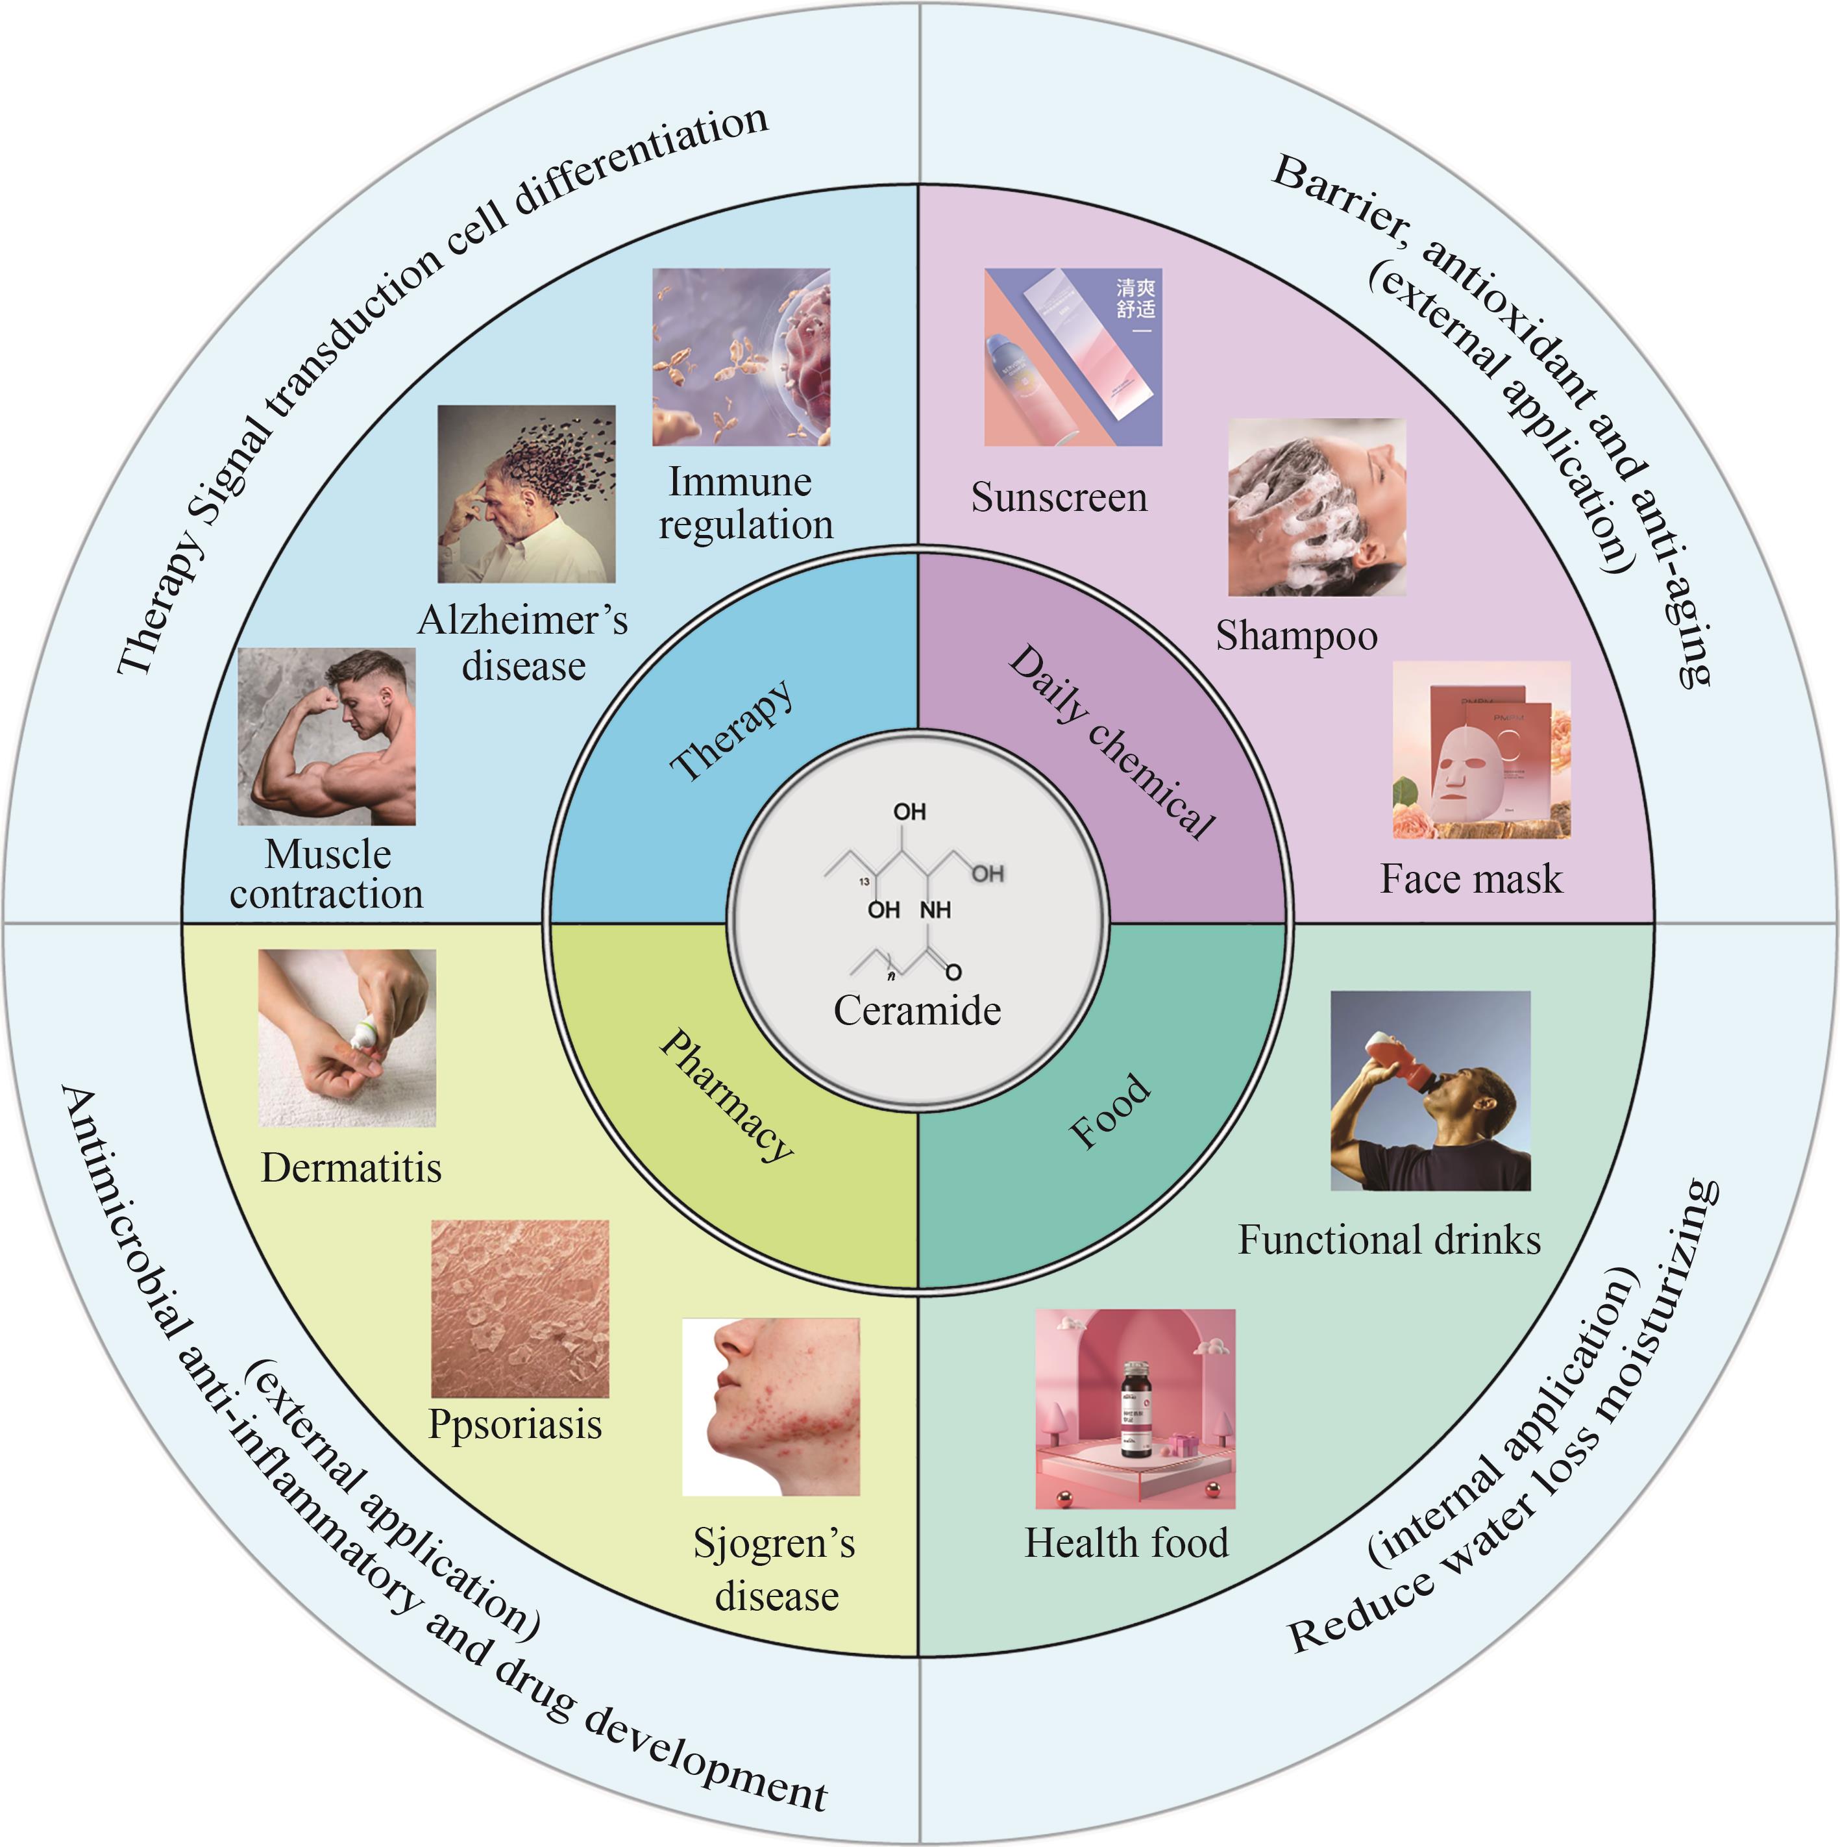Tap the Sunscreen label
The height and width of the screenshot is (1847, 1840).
click(1059, 497)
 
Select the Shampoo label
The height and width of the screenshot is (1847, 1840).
click(1296, 636)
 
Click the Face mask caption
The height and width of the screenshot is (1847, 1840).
click(1470, 878)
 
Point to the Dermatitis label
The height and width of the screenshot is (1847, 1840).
click(350, 1167)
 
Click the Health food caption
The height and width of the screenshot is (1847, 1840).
click(1126, 1542)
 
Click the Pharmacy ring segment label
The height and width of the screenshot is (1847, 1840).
click(726, 1095)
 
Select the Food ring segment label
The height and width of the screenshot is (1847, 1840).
click(1109, 1111)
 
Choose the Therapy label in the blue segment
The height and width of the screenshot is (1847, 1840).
click(732, 730)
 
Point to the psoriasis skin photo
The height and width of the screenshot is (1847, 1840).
click(519, 1308)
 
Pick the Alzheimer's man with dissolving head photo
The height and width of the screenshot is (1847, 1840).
click(526, 493)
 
